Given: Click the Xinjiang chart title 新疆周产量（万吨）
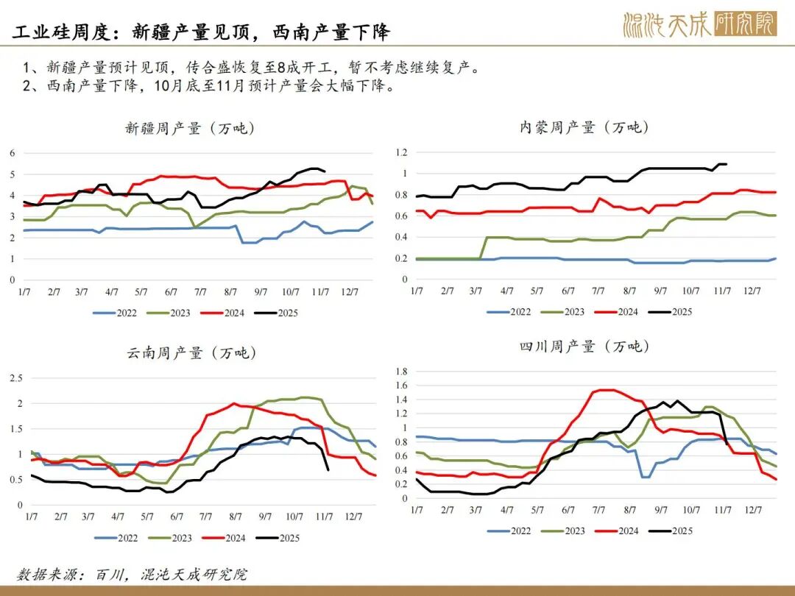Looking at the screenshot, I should point(190,129).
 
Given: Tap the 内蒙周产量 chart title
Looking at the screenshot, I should point(584,127).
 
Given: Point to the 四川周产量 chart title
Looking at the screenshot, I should point(584,346).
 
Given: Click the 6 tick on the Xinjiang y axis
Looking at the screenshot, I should point(13,153).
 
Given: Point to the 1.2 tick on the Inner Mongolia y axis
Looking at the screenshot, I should point(402,152).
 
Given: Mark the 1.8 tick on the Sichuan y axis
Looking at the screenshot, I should point(402,371).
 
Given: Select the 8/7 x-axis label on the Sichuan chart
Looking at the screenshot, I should point(630,510).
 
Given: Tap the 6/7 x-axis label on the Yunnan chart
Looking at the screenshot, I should point(177,517).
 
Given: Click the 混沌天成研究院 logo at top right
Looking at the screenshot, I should point(699,25).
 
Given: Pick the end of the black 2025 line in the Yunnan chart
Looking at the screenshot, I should point(328,469).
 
